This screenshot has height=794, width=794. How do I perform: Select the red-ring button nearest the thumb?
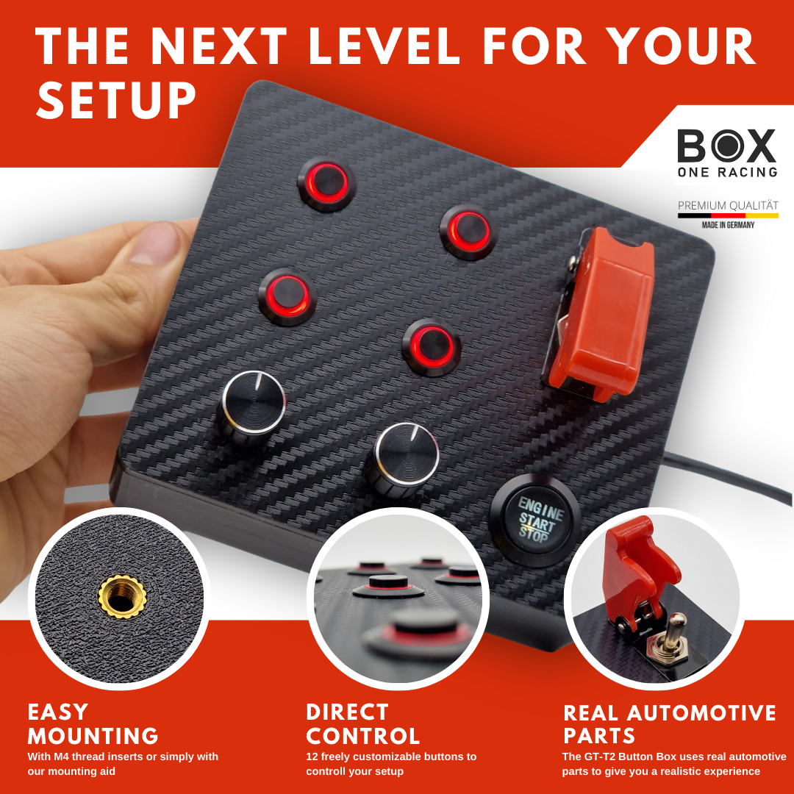(287, 296)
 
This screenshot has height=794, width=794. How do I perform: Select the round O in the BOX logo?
(726, 146)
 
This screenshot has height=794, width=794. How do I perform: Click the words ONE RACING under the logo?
(726, 172)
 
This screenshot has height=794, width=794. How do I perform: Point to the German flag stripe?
(727, 216)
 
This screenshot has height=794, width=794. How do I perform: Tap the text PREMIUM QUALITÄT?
(727, 205)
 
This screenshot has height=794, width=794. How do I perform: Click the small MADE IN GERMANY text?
(727, 225)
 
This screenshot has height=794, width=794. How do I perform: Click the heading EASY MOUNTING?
(93, 724)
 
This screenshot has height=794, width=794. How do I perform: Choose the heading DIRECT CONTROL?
(362, 724)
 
